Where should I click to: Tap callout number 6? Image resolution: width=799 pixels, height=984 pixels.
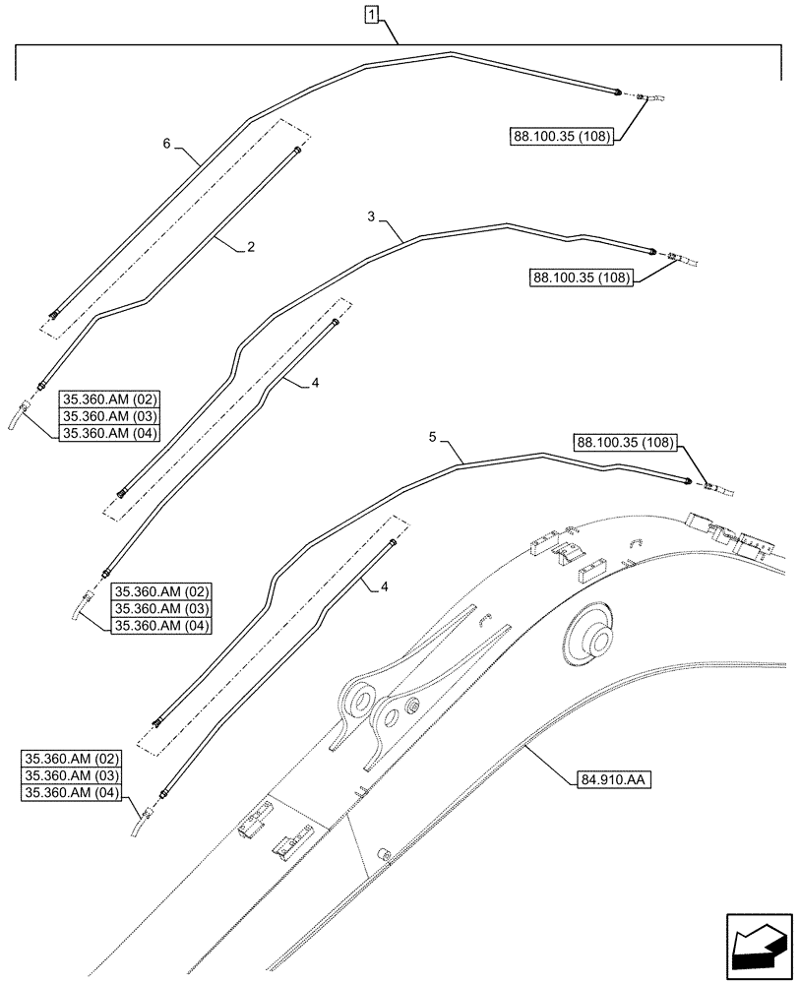167,144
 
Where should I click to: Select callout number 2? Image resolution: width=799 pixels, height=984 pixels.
252,248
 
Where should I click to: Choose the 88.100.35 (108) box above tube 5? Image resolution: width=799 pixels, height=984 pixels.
626,443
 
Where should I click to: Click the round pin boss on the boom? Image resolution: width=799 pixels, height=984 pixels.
592,641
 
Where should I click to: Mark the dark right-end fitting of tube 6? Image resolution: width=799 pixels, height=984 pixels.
617,92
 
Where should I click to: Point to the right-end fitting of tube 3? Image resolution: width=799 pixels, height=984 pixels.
652,253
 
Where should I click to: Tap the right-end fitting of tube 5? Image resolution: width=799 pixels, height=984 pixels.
689,480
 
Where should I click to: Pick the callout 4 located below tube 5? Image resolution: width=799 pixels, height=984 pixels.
384,586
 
